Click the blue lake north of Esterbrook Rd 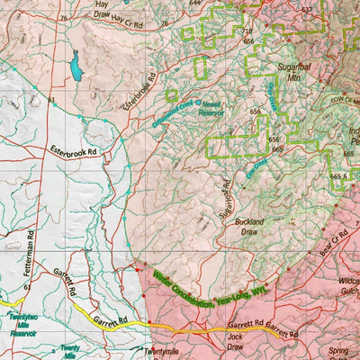[x=76, y=65]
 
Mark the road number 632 [x=307, y=10]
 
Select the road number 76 [x=63, y=18]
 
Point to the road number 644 [x=196, y=3]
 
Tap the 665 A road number [x=340, y=177]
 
